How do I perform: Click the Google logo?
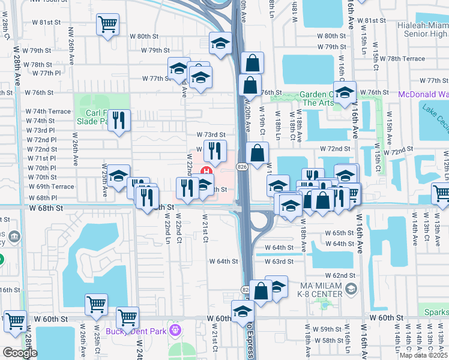tap(20, 353)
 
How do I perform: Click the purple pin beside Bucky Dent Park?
tap(175, 329)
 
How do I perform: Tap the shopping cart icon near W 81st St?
tap(107, 25)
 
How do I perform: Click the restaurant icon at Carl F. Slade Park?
tap(120, 120)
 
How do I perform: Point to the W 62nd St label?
tap(345, 275)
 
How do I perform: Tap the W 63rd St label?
tap(282, 262)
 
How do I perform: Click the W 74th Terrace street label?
tap(48, 112)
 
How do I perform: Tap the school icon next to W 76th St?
tap(345, 92)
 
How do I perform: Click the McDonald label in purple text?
tap(424, 94)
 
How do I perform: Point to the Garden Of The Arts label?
tap(317, 98)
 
